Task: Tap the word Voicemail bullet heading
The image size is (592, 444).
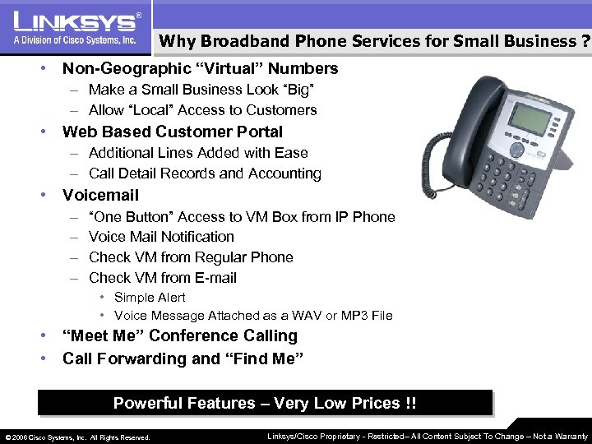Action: click(x=100, y=196)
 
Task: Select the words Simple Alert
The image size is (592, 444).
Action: click(x=150, y=298)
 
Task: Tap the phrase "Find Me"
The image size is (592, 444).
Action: click(x=264, y=359)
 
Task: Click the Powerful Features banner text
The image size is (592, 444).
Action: click(x=265, y=404)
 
